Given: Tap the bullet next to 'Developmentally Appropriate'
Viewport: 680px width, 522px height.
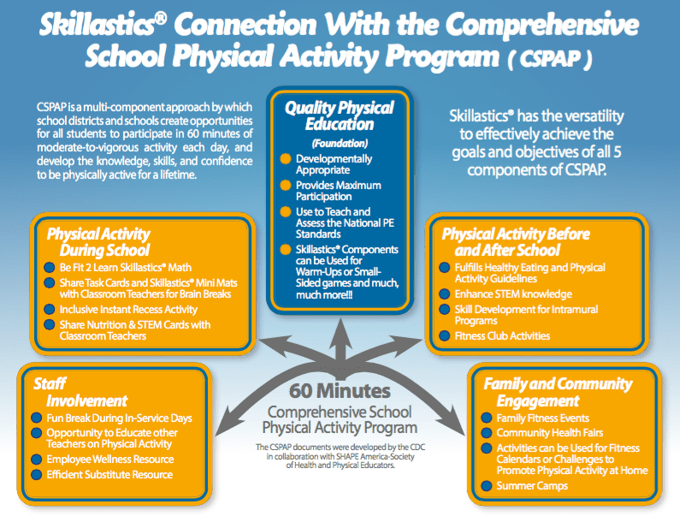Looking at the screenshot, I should (285, 159).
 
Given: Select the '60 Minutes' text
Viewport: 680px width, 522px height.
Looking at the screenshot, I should (340, 391).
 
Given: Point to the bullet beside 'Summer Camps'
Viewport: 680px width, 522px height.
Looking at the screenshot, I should (486, 486).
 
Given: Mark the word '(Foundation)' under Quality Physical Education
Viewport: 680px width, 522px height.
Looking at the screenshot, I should (340, 144).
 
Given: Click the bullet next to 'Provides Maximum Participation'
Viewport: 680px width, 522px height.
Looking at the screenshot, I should (285, 186).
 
